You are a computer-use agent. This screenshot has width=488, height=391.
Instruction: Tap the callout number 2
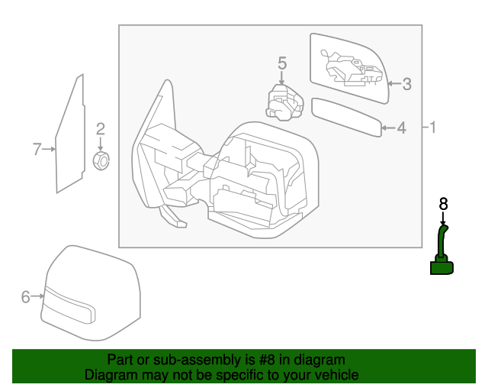100,129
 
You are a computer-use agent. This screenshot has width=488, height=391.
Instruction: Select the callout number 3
407,84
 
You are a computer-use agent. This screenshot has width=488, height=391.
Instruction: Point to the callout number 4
401,128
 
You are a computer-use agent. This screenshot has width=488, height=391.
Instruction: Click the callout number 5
281,63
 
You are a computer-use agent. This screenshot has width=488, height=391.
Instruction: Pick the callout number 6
25,297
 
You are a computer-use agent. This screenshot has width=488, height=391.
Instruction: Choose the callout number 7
36,149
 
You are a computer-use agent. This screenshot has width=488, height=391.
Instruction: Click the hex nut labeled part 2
101,160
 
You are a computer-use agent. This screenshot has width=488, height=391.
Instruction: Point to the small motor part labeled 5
282,102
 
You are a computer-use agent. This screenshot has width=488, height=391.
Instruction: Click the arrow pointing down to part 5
281,79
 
